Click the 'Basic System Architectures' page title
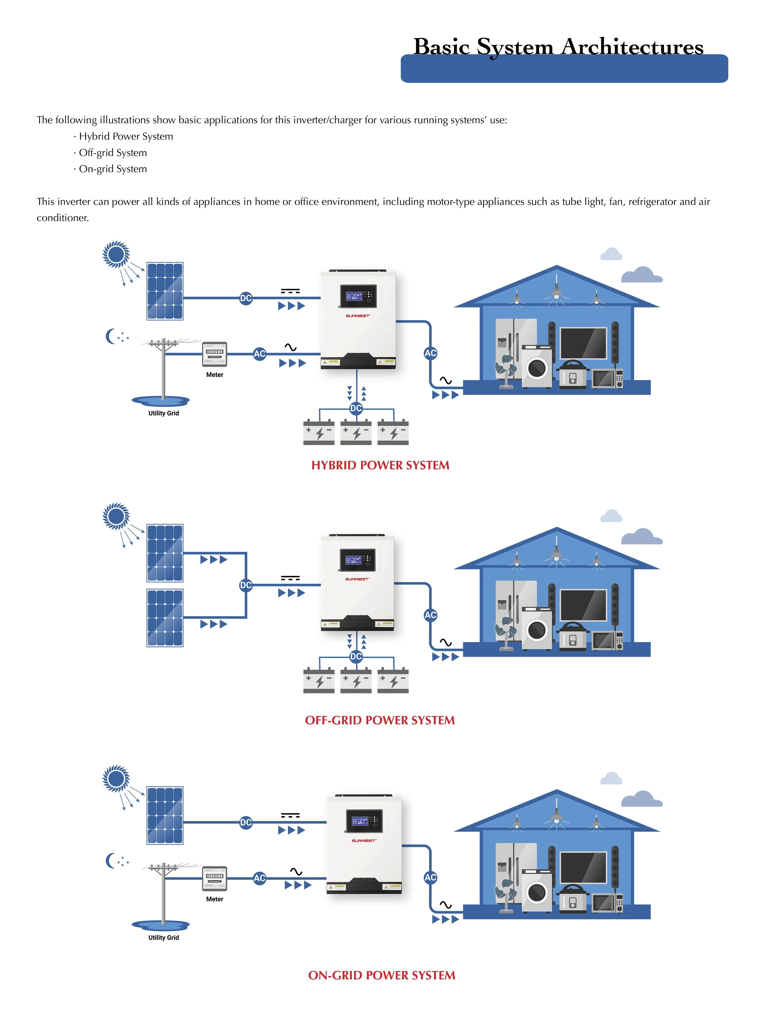pyautogui.click(x=558, y=47)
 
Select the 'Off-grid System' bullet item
pyautogui.click(x=113, y=153)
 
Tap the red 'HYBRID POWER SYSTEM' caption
pyautogui.click(x=380, y=465)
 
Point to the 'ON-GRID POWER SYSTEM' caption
pyautogui.click(x=381, y=975)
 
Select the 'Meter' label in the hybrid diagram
pyautogui.click(x=214, y=375)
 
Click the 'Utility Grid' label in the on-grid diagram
pyautogui.click(x=163, y=938)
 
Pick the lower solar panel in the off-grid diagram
pyautogui.click(x=165, y=618)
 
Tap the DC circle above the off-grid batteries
pyautogui.click(x=355, y=656)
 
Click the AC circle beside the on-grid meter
pyautogui.click(x=260, y=878)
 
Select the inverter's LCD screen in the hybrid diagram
pyautogui.click(x=358, y=296)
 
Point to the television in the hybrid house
pyautogui.click(x=583, y=343)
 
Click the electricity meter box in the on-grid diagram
pyautogui.click(x=214, y=878)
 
